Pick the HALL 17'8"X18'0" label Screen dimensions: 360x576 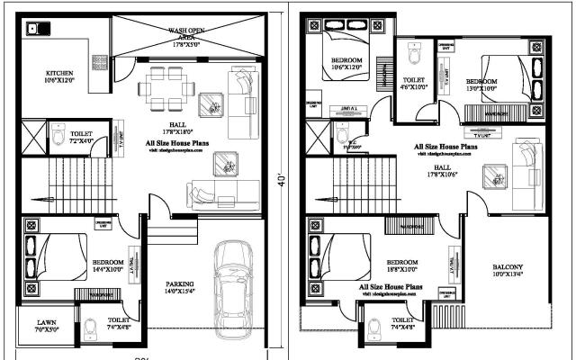(x=178, y=129)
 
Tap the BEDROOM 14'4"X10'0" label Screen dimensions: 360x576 (x=107, y=265)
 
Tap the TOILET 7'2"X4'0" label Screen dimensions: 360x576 (x=81, y=137)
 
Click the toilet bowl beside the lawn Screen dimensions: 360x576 (x=90, y=330)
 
